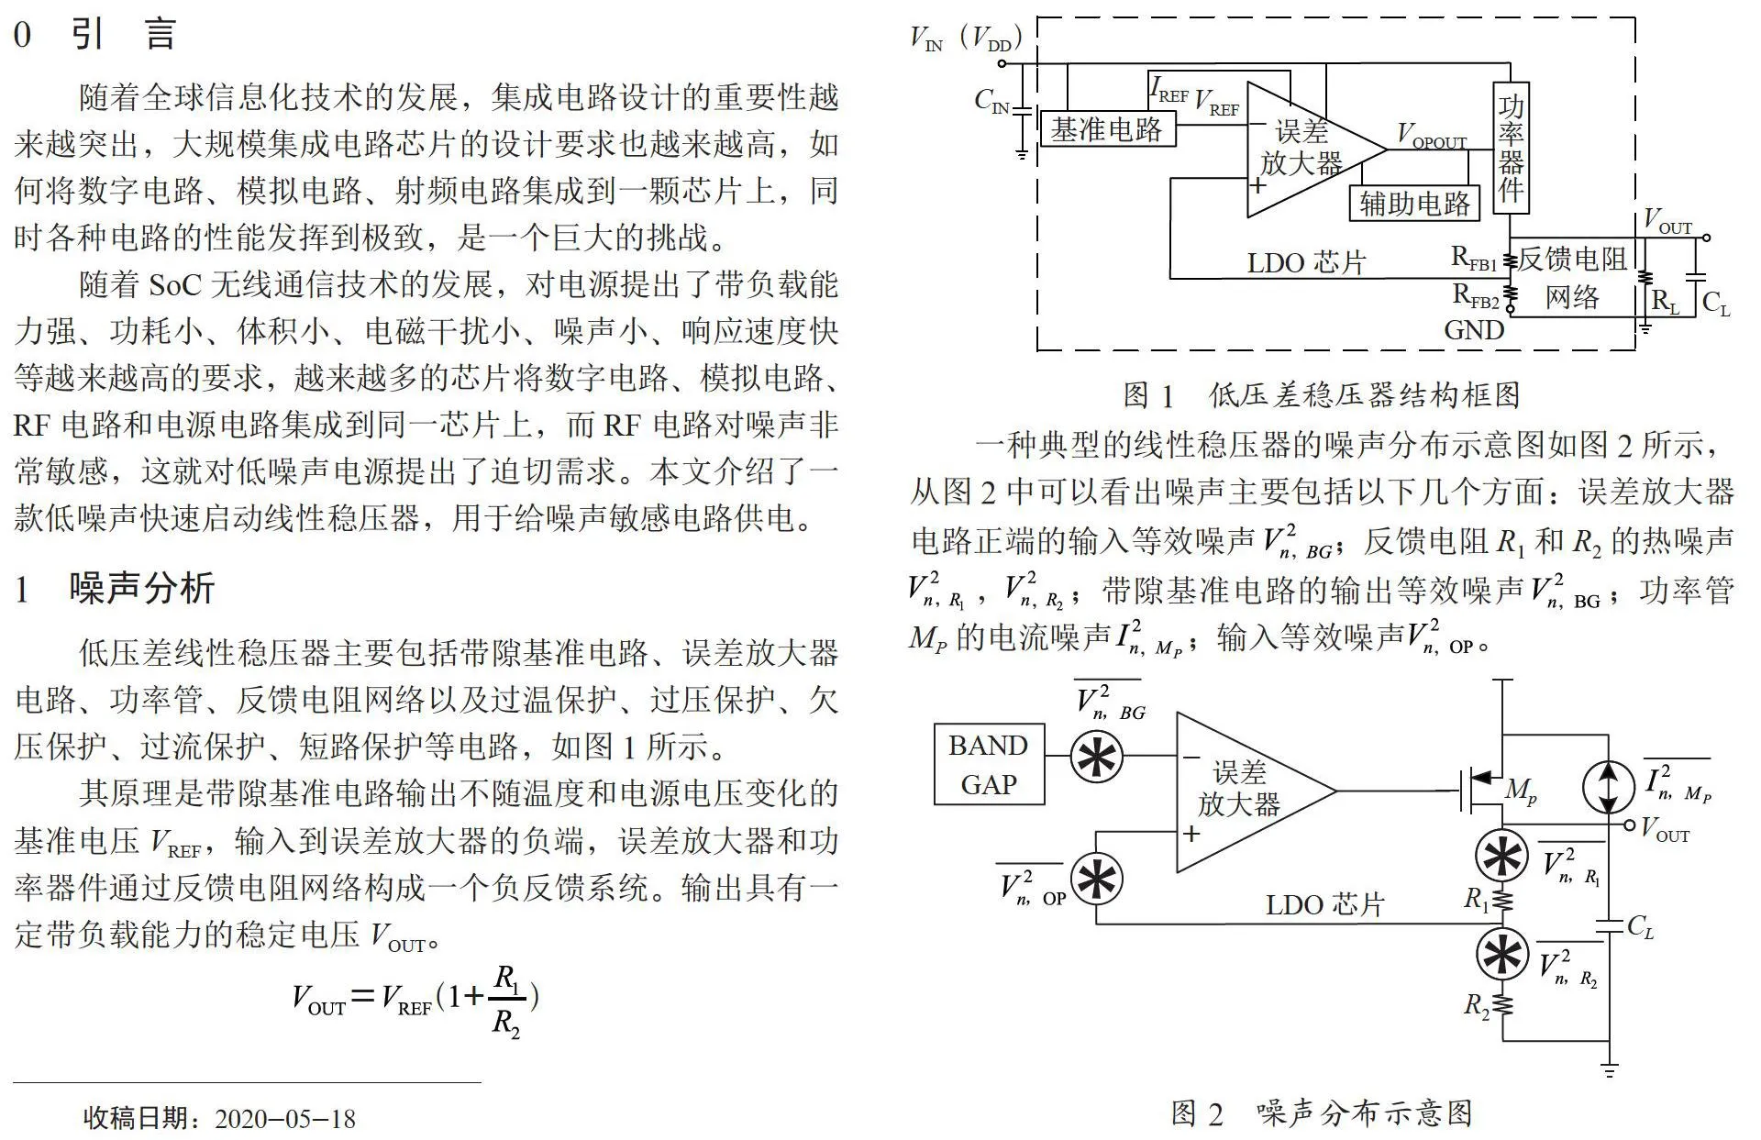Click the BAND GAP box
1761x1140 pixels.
(989, 764)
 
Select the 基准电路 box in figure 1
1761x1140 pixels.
(1108, 129)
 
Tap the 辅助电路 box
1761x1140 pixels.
(1414, 203)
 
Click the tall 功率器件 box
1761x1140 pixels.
(1511, 148)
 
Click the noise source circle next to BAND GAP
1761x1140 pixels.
(1097, 757)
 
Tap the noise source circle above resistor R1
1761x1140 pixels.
(1501, 856)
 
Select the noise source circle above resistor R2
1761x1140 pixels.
(1501, 954)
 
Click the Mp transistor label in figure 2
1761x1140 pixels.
(1521, 791)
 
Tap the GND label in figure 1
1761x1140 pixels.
(1474, 330)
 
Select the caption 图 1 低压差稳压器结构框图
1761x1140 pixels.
(1322, 395)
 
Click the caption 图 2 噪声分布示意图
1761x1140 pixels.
(1322, 1113)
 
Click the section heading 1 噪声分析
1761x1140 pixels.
(115, 588)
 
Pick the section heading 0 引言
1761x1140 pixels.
(94, 34)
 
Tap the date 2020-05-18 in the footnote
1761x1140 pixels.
(285, 1119)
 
